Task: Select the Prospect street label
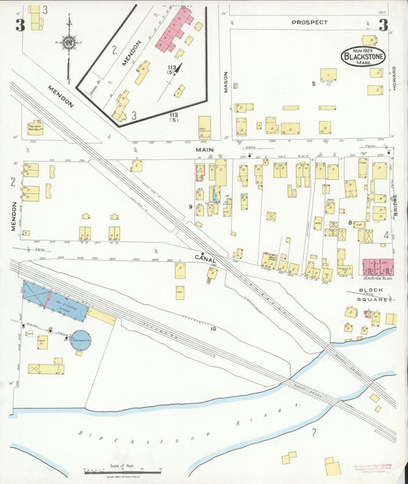(309, 23)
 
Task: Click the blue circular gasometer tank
(80, 339)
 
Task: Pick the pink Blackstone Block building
(379, 267)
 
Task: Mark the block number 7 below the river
(313, 433)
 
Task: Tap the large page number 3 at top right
(383, 25)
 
